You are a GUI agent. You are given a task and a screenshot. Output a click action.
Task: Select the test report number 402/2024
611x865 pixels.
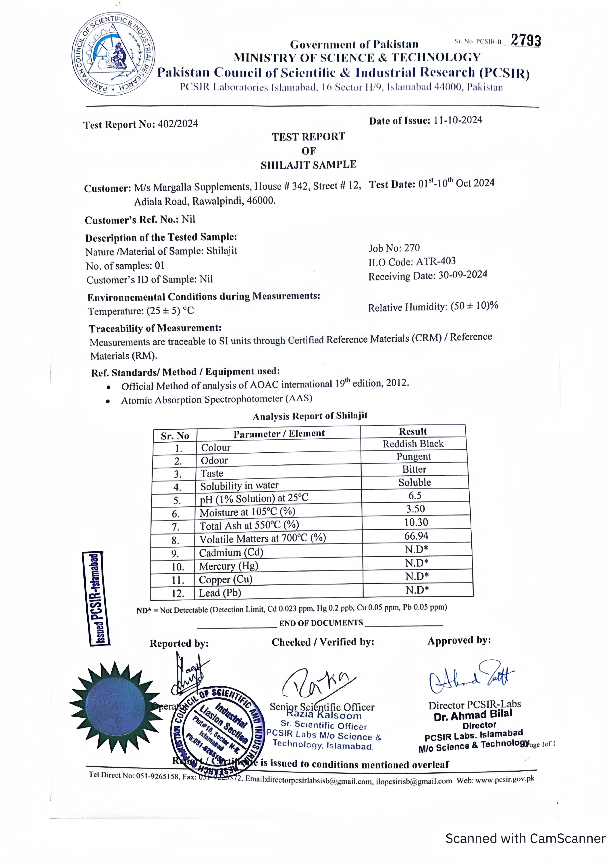pos(178,124)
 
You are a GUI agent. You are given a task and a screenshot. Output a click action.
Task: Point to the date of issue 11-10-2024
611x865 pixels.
pos(458,120)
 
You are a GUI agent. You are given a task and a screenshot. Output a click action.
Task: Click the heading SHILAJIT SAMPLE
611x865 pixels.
pos(308,165)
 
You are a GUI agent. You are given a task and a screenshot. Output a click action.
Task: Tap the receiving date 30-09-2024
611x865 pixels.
pos(463,275)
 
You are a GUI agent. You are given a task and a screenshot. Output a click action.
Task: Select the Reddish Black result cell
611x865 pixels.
pos(413,444)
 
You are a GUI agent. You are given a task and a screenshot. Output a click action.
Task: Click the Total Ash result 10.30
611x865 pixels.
pos(416,522)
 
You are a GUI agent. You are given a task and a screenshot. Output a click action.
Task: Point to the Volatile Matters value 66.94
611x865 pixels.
pos(416,536)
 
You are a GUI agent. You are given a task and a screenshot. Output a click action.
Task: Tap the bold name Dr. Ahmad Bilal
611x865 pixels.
pos(473,715)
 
